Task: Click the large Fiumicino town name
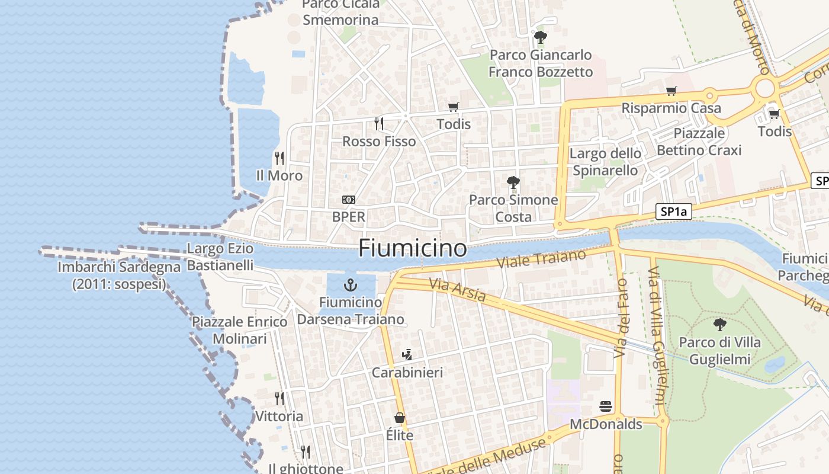click(x=412, y=247)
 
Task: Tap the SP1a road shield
click(x=674, y=212)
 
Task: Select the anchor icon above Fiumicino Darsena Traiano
click(x=351, y=286)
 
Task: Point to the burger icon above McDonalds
click(x=605, y=407)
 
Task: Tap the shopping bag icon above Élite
click(x=400, y=418)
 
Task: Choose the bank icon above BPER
click(x=349, y=200)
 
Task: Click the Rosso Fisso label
click(x=379, y=142)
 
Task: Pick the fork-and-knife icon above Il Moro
click(x=279, y=158)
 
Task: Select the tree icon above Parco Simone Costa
click(x=513, y=182)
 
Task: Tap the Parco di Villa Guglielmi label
click(x=719, y=351)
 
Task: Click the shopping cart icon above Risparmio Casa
click(x=671, y=91)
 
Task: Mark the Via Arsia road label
click(x=458, y=290)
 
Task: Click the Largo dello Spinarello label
click(x=605, y=162)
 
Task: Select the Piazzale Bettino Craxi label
click(x=699, y=142)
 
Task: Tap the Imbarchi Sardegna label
click(x=119, y=276)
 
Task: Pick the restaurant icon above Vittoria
click(x=279, y=399)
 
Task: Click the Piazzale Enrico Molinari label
click(x=240, y=330)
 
